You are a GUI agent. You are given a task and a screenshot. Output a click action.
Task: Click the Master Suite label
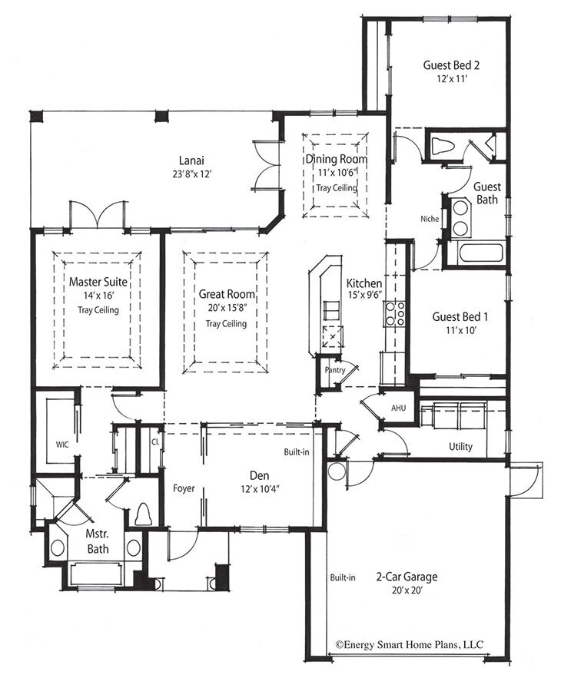tap(97, 282)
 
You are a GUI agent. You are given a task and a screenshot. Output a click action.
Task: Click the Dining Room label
tap(337, 159)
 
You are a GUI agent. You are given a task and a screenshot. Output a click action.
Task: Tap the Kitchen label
tap(364, 283)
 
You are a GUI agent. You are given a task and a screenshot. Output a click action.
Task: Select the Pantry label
tap(335, 370)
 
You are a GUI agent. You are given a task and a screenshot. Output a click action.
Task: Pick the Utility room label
tap(460, 447)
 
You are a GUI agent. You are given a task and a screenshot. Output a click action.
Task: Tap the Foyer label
tap(183, 488)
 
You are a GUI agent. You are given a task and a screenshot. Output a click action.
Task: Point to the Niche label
tap(430, 218)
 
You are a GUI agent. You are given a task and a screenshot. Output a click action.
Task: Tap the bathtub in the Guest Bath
tap(476, 253)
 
